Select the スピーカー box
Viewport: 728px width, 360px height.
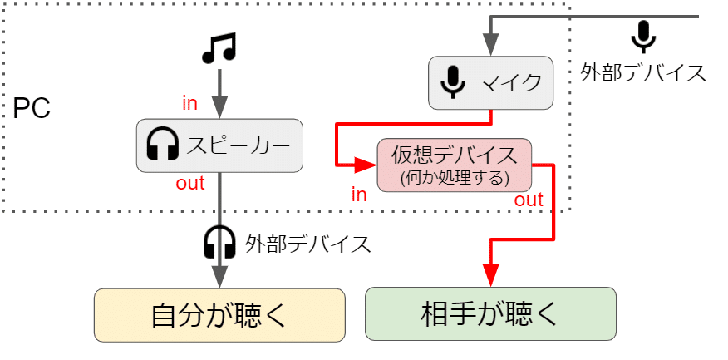[219, 145]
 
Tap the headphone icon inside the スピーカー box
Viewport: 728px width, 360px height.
[163, 146]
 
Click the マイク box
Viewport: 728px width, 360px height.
[490, 82]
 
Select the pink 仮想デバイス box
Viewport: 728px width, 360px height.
[454, 165]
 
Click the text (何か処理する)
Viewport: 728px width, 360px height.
[454, 177]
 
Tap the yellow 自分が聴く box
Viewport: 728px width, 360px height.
[219, 314]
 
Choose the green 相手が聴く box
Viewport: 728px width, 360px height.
[490, 314]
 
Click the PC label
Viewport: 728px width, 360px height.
[32, 109]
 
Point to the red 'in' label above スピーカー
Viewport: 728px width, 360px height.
[190, 103]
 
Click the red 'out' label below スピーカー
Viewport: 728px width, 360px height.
[190, 184]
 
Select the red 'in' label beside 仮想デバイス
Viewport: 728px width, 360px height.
[359, 195]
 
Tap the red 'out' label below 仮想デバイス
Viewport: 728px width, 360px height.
[529, 200]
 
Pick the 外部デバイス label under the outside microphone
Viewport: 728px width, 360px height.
[643, 72]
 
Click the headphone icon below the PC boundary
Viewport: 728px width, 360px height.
[219, 243]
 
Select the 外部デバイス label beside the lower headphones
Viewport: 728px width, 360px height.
[307, 244]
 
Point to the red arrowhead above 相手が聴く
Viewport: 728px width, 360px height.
[490, 275]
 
